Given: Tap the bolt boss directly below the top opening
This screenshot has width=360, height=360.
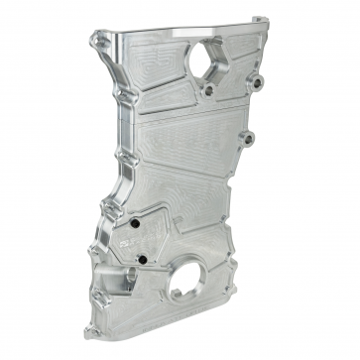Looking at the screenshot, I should coord(209,90).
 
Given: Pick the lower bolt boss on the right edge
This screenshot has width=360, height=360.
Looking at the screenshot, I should coord(248,137).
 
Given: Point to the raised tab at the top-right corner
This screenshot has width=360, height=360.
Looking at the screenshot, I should coord(260,23).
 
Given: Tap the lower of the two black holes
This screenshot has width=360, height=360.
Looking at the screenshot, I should coord(142,261).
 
